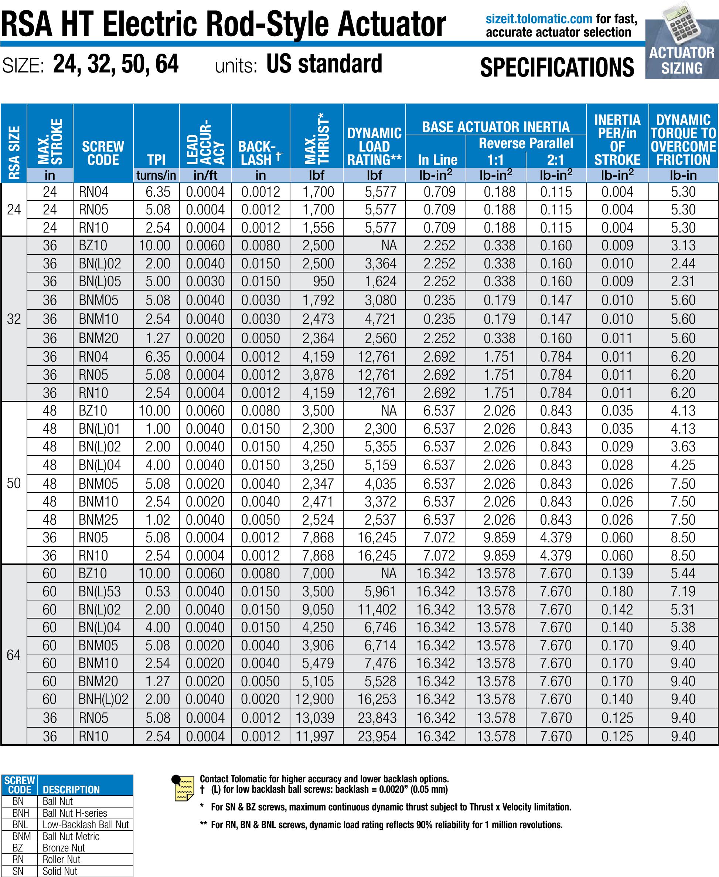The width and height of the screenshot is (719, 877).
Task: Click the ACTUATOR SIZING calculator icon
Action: [682, 40]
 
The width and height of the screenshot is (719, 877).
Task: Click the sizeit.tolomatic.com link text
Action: [539, 19]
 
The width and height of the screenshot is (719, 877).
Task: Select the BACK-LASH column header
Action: [260, 153]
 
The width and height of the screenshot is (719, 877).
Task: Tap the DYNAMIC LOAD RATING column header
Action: [374, 146]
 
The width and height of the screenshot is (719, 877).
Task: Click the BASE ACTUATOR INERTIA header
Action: [495, 126]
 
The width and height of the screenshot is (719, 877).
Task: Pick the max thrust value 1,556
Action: [318, 227]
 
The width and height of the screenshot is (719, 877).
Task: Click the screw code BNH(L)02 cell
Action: [103, 699]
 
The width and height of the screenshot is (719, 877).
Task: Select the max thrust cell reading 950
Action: [323, 281]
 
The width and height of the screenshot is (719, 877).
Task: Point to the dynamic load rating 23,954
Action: [377, 736]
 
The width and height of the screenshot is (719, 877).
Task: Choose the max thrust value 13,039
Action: [314, 718]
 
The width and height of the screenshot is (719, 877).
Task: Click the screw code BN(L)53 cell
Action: [99, 592]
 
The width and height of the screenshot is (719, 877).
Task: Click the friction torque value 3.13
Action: [683, 246]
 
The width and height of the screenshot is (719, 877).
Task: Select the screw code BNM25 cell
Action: [98, 519]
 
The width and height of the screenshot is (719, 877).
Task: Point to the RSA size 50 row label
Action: [14, 483]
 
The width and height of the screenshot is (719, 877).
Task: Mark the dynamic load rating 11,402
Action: [377, 610]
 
